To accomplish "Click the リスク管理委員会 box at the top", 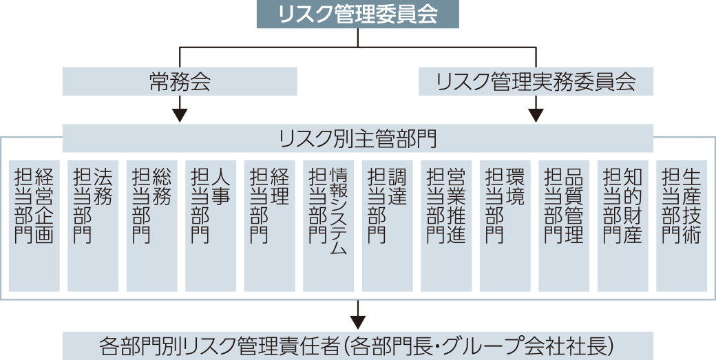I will click(x=357, y=14).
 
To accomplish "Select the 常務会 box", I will click(x=180, y=83).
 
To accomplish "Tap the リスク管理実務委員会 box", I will click(x=536, y=83).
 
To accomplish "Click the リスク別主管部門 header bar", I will click(x=357, y=140).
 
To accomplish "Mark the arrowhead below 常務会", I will click(x=180, y=114).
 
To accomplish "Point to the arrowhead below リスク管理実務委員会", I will click(x=536, y=114).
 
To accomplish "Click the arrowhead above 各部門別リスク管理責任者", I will click(x=357, y=320).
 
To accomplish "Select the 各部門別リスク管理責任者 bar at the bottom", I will click(x=357, y=344).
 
